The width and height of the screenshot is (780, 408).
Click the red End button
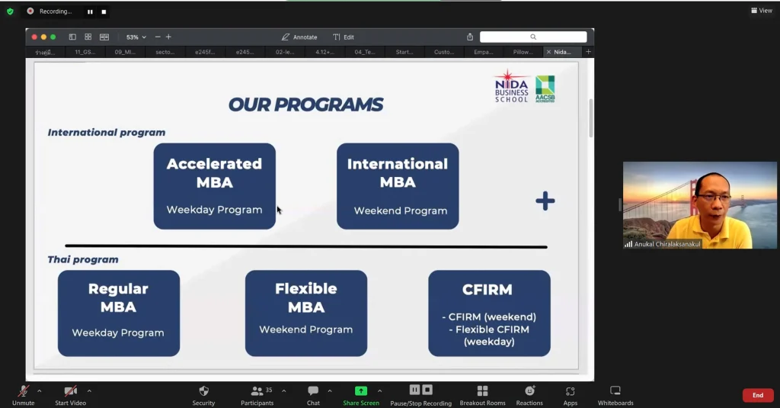click(x=757, y=395)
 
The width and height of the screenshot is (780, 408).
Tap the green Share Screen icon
click(x=361, y=390)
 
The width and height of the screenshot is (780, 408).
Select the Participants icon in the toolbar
click(x=257, y=390)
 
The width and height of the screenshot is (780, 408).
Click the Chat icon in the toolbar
click(x=313, y=390)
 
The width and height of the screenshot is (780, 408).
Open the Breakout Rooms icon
click(x=482, y=390)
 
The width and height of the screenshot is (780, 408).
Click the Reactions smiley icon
click(x=529, y=390)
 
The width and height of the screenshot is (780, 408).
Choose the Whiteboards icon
click(x=615, y=390)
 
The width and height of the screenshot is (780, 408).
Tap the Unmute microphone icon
click(x=24, y=390)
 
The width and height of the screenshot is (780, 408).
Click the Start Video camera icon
click(x=70, y=390)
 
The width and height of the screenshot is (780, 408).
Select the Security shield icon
click(x=203, y=390)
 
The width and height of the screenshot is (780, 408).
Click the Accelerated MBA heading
click(x=214, y=173)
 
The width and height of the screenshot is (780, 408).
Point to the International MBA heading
click(x=398, y=173)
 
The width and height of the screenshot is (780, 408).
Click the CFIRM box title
click(x=487, y=290)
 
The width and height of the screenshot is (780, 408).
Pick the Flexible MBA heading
click(x=305, y=298)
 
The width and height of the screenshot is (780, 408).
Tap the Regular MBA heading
click(x=118, y=298)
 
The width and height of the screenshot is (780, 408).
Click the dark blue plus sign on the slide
click(x=545, y=201)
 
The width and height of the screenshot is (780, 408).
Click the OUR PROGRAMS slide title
click(x=305, y=104)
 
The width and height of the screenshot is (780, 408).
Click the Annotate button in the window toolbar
click(x=299, y=37)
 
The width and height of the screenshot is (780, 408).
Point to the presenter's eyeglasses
click(x=713, y=198)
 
